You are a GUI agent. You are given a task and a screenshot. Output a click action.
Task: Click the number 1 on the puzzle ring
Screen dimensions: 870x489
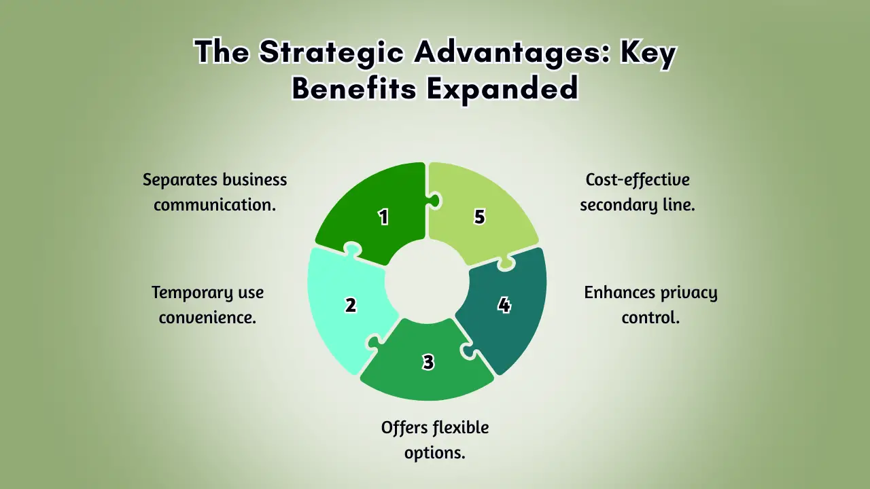(384, 217)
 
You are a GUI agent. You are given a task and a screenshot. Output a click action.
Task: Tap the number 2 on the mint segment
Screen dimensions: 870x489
(351, 305)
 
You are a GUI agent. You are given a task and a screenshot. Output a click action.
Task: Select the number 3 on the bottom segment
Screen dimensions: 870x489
(428, 362)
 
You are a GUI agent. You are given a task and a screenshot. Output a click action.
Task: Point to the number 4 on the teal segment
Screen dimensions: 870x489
(504, 305)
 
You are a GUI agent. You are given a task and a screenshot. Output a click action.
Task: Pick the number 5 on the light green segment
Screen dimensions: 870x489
(480, 217)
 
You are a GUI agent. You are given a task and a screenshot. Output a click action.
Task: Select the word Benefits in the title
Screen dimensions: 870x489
(354, 88)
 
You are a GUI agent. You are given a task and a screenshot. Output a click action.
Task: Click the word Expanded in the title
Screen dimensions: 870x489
(502, 89)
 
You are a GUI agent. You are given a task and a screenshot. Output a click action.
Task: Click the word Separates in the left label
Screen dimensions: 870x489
(180, 180)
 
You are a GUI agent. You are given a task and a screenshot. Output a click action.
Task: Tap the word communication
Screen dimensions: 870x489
(215, 204)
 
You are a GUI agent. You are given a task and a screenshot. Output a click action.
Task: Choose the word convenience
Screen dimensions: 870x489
(207, 317)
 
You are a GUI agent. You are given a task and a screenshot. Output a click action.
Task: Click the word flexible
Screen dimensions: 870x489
(461, 427)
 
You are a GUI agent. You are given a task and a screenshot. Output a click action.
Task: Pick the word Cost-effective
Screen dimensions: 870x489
(638, 179)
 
